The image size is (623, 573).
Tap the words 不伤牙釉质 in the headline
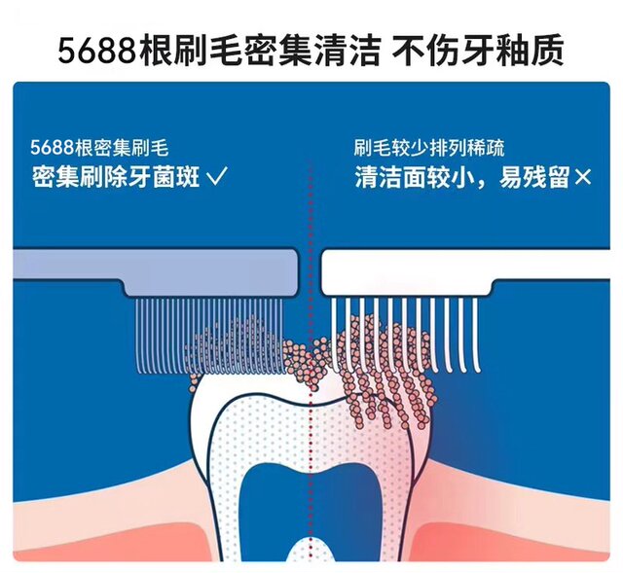pos(478,51)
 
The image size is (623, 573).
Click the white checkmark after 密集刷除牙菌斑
pos(218,176)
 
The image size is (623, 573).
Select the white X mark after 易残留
pos(582,177)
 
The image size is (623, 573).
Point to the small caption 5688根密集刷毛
pos(99,148)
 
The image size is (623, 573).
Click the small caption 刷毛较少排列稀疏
pos(429,148)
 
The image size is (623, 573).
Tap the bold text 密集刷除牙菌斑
pos(116,177)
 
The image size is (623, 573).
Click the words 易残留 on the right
pos(533,177)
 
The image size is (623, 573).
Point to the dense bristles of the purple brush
pos(209,336)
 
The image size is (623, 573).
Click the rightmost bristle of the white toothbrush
pos(476,336)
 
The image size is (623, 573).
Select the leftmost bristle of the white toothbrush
pos(335,336)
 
